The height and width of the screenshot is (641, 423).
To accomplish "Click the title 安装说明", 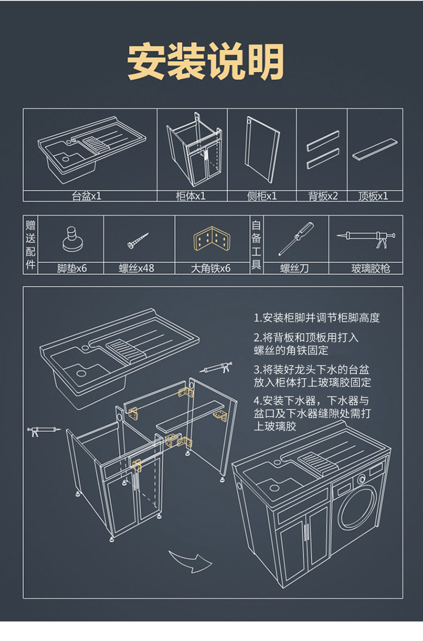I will tap(206, 63).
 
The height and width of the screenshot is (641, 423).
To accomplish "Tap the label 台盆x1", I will tap(87, 196).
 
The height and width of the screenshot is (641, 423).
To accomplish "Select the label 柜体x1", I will tap(191, 196).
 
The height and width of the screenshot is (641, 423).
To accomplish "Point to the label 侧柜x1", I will tap(262, 196).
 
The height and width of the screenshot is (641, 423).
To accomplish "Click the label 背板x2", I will tap(323, 196).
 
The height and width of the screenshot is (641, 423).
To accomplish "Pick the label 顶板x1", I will tap(373, 196).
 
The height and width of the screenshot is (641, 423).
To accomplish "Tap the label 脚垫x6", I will tap(72, 268).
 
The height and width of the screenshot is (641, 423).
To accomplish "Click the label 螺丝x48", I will tap(136, 268).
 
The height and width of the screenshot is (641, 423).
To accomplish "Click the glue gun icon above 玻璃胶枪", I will tap(367, 238).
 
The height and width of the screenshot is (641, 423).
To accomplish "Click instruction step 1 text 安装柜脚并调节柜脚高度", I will tap(317, 318).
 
